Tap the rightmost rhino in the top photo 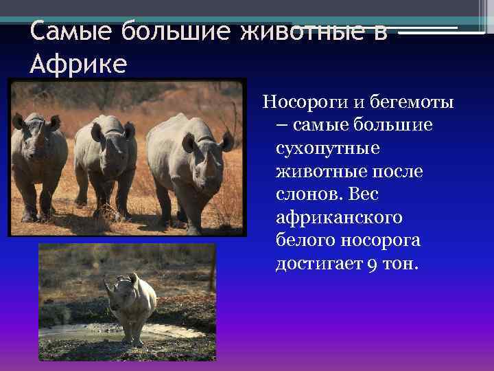click(192, 165)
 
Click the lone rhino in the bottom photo click(134, 302)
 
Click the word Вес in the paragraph click(365, 194)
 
